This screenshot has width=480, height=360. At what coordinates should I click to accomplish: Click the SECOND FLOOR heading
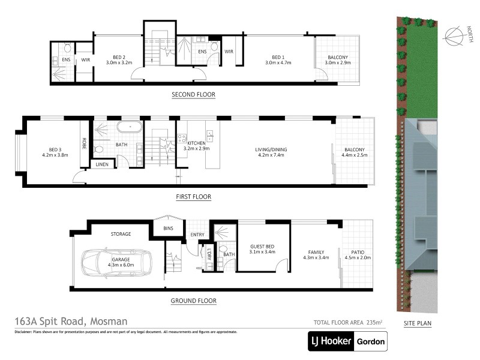point(193,95)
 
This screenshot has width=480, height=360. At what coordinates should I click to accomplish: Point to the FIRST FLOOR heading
point(193,197)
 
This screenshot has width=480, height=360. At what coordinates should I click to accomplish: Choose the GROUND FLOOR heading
point(193,301)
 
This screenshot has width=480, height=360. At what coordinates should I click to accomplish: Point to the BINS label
point(169,228)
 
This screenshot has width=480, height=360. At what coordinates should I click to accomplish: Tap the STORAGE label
point(121,234)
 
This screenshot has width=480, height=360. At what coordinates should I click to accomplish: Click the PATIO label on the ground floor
point(358,252)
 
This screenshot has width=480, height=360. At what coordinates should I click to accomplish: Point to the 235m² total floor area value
point(375,322)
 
